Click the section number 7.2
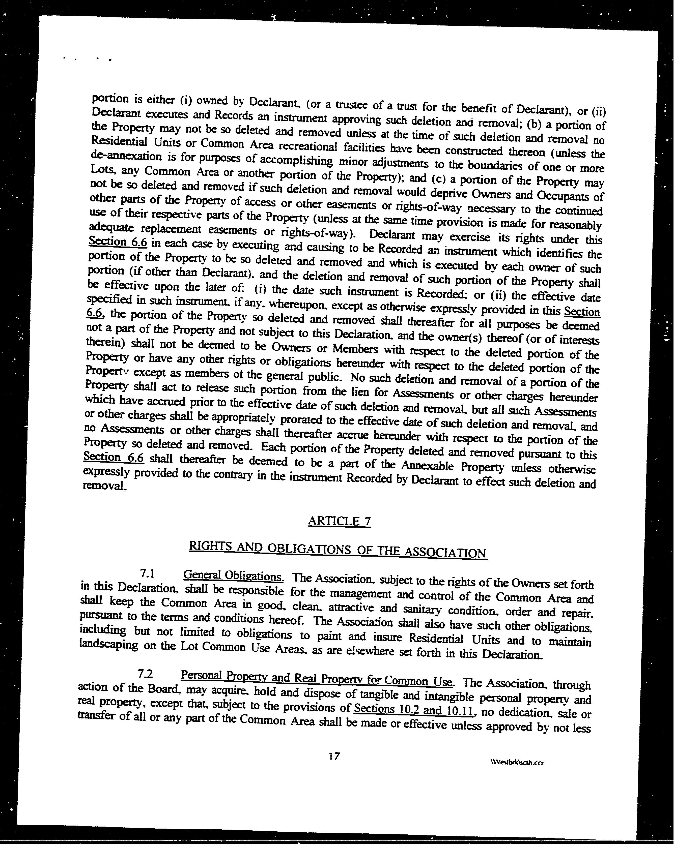pos(145,674)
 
